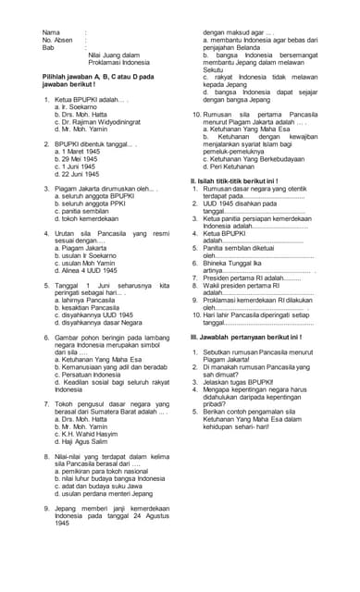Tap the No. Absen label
pos(57,41)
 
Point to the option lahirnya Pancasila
pos(88,301)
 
